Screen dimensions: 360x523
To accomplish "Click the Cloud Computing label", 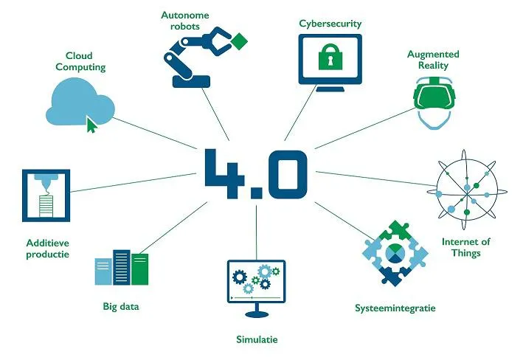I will (86, 61).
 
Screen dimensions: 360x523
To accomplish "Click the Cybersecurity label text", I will (330, 24).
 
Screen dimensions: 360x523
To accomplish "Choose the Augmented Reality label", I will (433, 60).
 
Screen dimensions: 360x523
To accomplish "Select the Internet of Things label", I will (466, 247).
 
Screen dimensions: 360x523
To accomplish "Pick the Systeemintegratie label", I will (395, 307).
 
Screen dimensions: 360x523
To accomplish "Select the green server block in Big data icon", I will (139, 269).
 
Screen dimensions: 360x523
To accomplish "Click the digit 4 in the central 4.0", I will (222, 173).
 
